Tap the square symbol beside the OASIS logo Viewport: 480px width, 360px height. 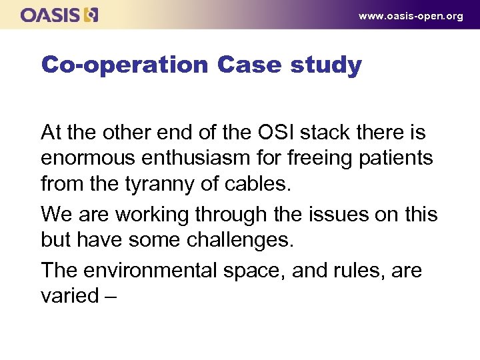[91, 15]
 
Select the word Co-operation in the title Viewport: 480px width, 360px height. [125, 65]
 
